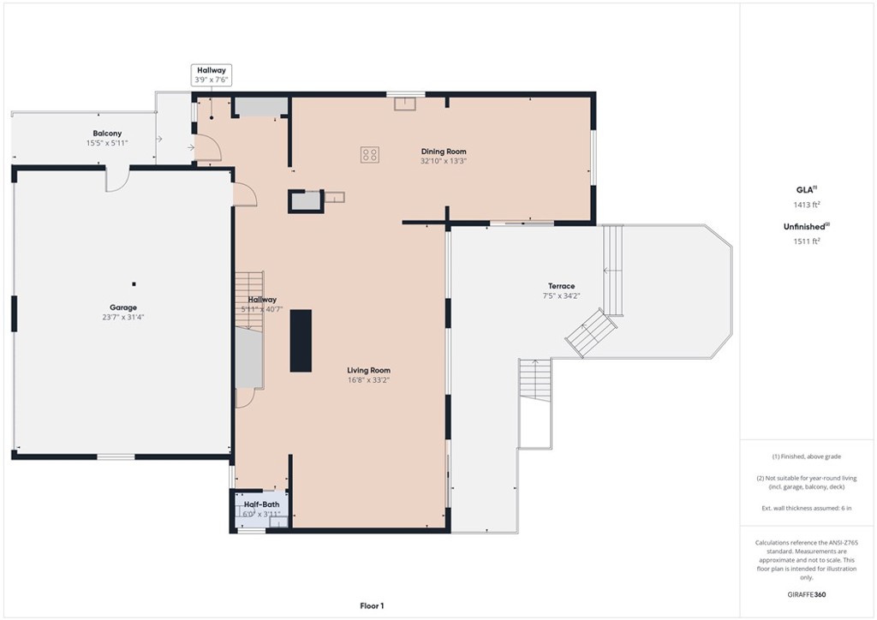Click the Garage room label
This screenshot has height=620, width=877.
coord(123,307)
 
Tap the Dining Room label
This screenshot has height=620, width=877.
coord(444,152)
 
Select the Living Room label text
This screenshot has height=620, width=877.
coord(368,370)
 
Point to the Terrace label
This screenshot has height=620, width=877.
coord(561,286)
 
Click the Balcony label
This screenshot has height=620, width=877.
coord(107,134)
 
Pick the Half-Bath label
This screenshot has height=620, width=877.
coord(261,504)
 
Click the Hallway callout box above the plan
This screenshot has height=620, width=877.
coord(212,75)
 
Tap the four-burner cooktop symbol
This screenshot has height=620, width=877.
coord(370,155)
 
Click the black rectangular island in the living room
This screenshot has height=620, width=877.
coord(301,341)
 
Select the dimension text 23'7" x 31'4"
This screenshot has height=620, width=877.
coord(123,318)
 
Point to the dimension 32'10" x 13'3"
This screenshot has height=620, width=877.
coord(444,161)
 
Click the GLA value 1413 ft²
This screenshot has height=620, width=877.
coord(807,205)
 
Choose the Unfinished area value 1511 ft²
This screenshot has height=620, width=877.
coord(807,241)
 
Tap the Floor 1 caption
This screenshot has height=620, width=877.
coord(372,606)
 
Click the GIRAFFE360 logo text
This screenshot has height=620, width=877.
coord(807,594)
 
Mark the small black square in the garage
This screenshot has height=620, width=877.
coord(134,284)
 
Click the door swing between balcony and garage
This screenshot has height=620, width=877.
coord(117,180)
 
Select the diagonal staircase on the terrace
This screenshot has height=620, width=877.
coord(591,332)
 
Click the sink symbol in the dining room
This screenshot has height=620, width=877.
coord(405,104)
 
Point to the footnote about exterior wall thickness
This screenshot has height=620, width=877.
coord(807,508)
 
